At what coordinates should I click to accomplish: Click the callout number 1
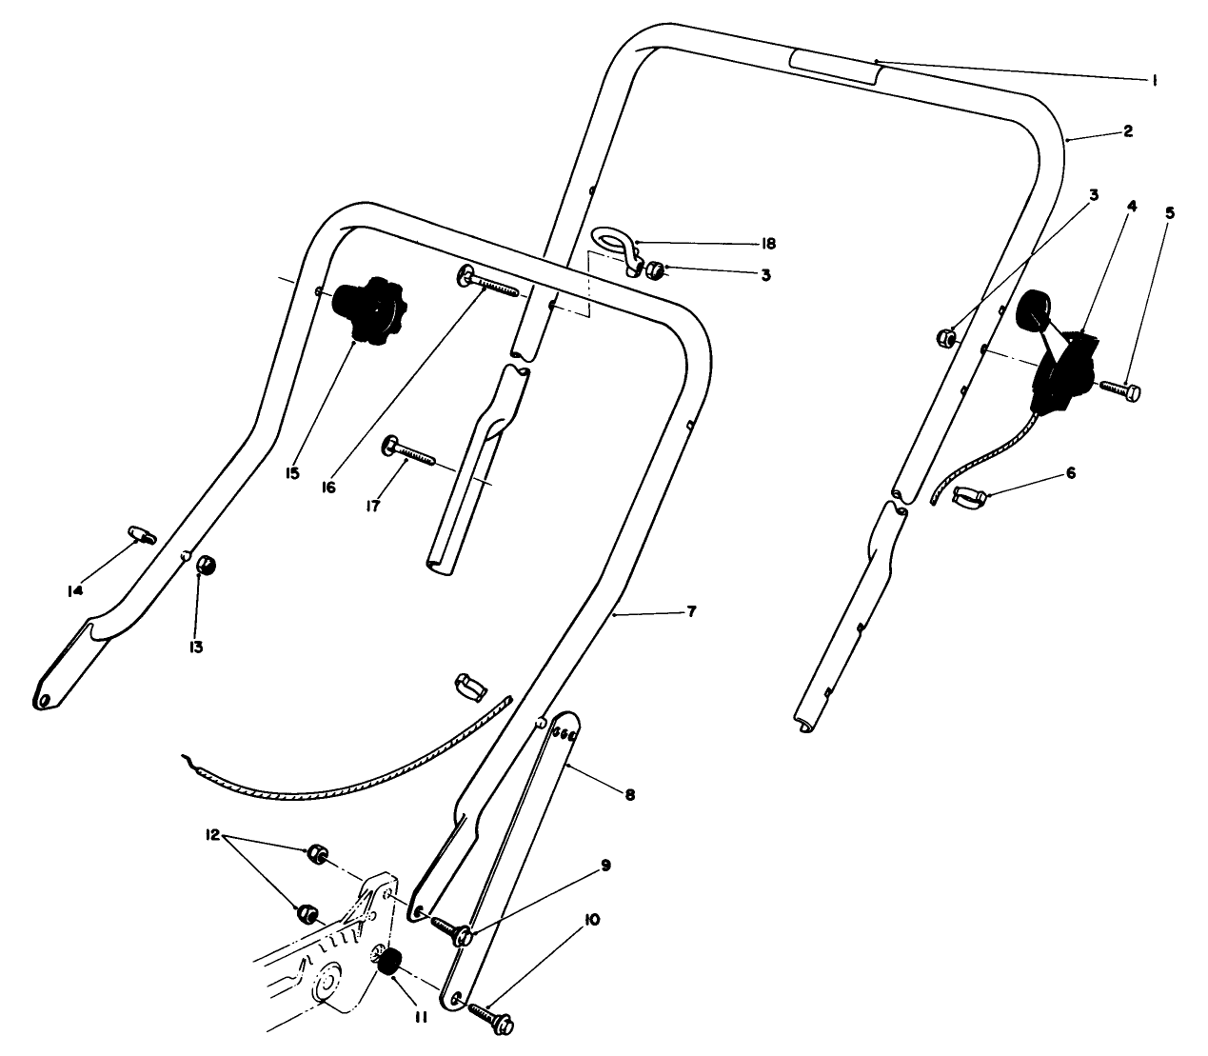[x=1154, y=82]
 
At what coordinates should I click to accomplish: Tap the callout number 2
[x=1127, y=131]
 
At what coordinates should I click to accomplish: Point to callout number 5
[x=1170, y=212]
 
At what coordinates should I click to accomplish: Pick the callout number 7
[x=691, y=611]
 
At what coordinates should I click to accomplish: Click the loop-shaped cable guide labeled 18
[x=615, y=242]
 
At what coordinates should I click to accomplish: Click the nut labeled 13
[x=206, y=567]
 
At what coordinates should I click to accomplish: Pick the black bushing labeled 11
[x=389, y=963]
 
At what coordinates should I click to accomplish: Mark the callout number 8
[x=630, y=793]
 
